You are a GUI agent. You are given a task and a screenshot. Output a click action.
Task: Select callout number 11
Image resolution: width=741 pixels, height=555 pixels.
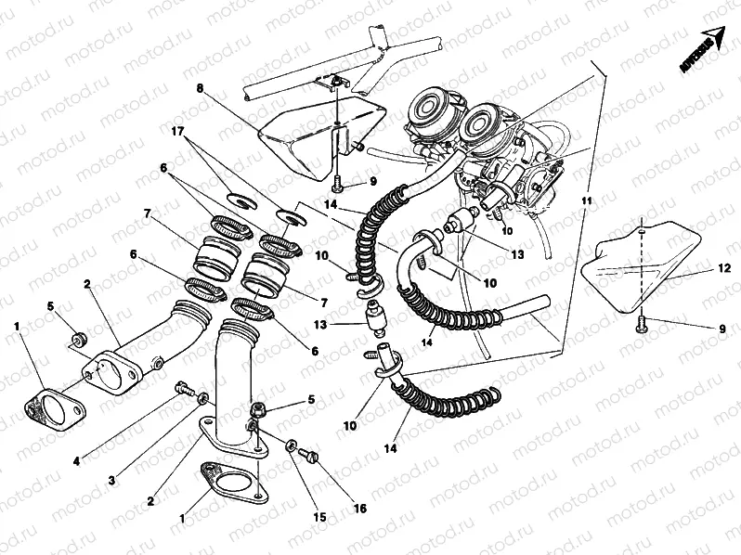587,200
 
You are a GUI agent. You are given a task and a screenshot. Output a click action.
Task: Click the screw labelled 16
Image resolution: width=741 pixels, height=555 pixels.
310,455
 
